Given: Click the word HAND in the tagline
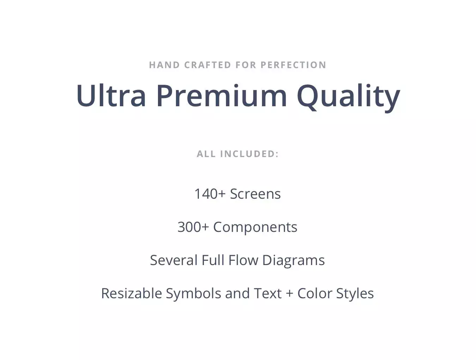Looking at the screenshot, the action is click(x=164, y=65).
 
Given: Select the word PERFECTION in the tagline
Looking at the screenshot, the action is click(x=293, y=65).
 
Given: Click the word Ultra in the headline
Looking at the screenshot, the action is click(x=111, y=96).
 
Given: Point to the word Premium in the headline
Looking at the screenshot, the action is click(x=222, y=96).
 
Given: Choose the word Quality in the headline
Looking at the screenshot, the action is click(x=348, y=98).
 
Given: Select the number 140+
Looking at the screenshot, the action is click(x=210, y=194).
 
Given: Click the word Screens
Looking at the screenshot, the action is click(x=256, y=194).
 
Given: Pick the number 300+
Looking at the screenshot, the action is click(x=193, y=227).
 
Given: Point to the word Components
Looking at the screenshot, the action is click(x=255, y=228).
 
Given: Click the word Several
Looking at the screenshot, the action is click(x=174, y=260).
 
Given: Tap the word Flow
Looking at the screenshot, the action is click(x=243, y=260).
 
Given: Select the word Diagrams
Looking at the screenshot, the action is click(x=294, y=261).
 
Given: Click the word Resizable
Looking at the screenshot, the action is click(x=132, y=293).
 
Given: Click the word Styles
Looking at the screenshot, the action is click(x=355, y=294).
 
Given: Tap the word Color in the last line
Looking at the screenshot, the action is click(x=315, y=293).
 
